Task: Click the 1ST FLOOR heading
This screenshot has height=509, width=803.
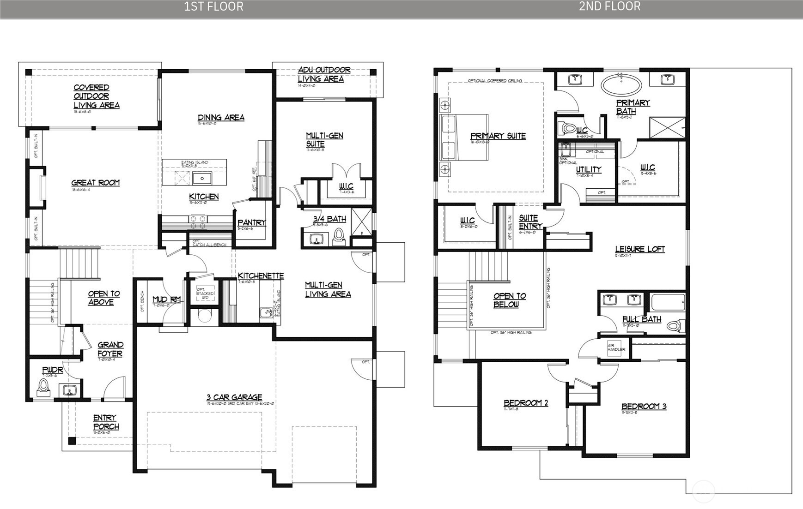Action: click(213, 6)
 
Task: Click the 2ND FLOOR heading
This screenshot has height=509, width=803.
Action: click(609, 6)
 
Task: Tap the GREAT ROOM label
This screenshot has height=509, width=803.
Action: click(95, 183)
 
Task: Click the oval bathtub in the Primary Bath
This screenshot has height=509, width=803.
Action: click(621, 85)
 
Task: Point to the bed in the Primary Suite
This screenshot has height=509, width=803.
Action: click(464, 137)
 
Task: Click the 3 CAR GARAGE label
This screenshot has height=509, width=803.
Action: click(234, 397)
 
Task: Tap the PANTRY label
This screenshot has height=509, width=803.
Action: click(252, 222)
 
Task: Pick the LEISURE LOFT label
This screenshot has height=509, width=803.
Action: click(640, 249)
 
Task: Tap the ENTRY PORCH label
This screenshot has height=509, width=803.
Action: click(106, 422)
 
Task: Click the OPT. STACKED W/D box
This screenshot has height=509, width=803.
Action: click(205, 293)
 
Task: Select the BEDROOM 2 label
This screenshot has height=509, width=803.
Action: click(526, 403)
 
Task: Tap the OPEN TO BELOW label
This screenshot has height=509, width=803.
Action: click(509, 300)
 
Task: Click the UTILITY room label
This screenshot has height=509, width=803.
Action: click(588, 169)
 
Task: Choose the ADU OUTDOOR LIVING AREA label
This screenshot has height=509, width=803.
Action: click(324, 74)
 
